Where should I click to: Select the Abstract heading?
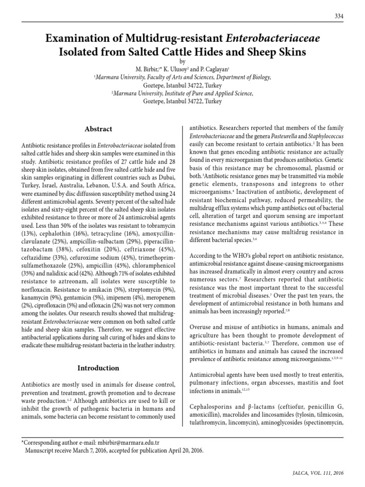[98, 129]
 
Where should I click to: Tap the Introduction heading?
[98, 368]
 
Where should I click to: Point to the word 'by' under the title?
[182, 61]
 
